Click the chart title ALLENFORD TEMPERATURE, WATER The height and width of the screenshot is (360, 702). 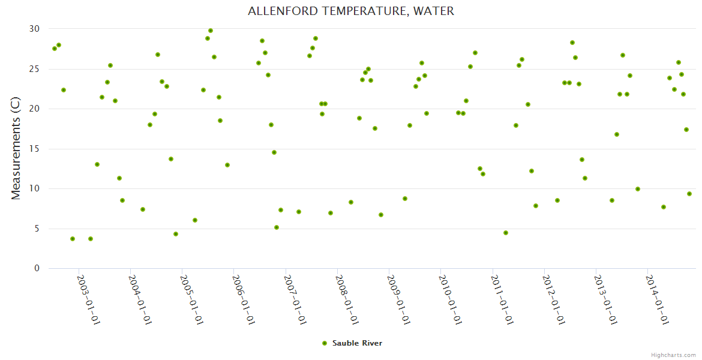351,11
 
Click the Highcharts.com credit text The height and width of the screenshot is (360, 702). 673,355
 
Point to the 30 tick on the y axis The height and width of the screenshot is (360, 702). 34,29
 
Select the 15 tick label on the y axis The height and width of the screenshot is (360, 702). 34,149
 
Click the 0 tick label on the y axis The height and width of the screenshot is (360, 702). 37,269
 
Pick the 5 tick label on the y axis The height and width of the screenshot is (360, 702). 37,229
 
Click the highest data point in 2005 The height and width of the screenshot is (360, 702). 211,31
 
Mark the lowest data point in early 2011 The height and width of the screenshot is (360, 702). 506,233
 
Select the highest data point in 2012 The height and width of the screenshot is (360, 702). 572,43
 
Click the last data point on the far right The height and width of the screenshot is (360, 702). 689,194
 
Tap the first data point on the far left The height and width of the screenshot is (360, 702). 55,49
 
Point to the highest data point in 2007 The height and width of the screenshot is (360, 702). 316,38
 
